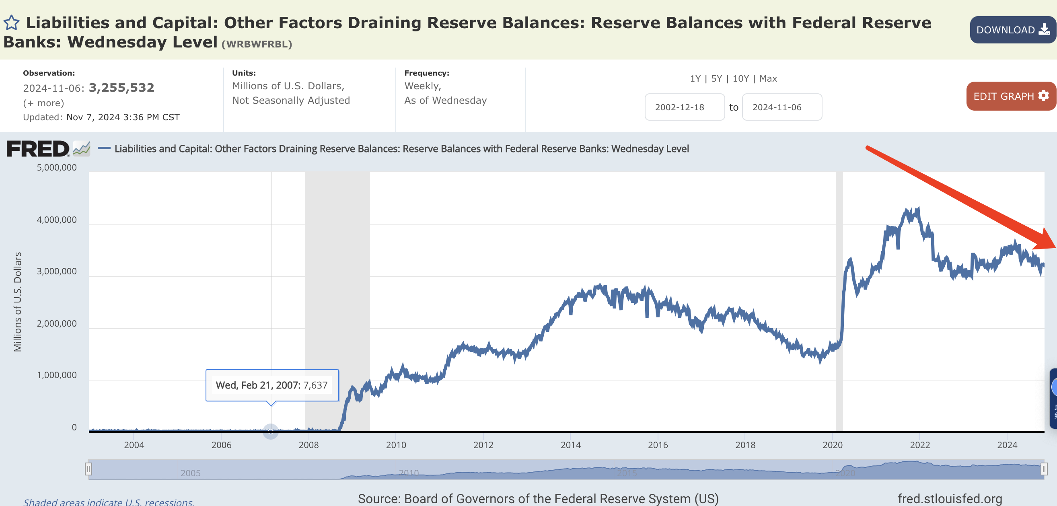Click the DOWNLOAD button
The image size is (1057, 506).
point(1012,30)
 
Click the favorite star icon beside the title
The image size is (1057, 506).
point(12,23)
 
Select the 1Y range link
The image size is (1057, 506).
point(695,78)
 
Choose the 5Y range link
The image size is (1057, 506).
point(716,78)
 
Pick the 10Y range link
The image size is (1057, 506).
point(740,78)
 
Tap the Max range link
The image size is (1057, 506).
point(768,78)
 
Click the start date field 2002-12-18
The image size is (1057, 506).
point(684,107)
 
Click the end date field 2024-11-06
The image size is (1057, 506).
point(781,107)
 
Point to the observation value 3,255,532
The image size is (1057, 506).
point(121,87)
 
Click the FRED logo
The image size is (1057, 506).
point(38,148)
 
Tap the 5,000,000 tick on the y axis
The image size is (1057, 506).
point(57,167)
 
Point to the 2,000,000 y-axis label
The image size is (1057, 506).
point(57,323)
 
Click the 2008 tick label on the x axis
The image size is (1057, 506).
point(308,445)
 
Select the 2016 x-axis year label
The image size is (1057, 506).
point(658,445)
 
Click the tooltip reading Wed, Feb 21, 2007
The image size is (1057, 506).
point(271,385)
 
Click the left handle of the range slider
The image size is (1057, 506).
point(88,469)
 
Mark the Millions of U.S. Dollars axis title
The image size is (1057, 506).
point(17,302)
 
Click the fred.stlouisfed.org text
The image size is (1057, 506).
point(950,499)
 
